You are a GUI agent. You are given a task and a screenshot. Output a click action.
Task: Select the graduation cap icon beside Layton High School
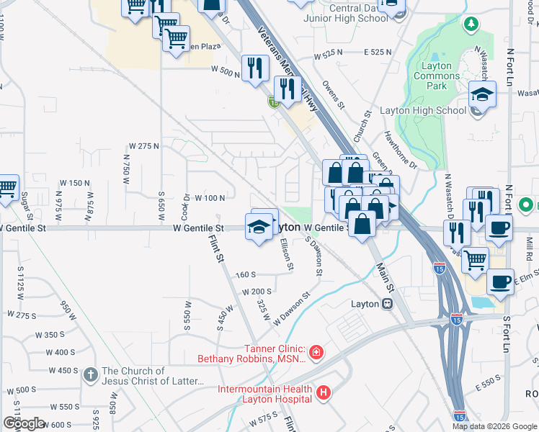point(482,94)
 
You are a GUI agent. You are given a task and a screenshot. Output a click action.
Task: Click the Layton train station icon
point(387,304)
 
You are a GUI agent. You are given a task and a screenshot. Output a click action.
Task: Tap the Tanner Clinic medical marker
point(316,352)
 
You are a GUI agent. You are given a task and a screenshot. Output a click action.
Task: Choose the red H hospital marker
point(324,393)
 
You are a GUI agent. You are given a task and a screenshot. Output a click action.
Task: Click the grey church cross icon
point(90,375)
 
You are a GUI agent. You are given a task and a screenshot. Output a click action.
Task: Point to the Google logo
point(24,423)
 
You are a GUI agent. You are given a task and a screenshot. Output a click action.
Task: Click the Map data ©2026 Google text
point(494,426)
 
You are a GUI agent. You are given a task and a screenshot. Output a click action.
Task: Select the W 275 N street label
point(144,146)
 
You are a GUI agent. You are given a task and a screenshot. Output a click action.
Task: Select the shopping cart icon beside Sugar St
point(6,188)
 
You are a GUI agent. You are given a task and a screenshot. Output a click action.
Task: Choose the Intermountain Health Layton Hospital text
point(266,394)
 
